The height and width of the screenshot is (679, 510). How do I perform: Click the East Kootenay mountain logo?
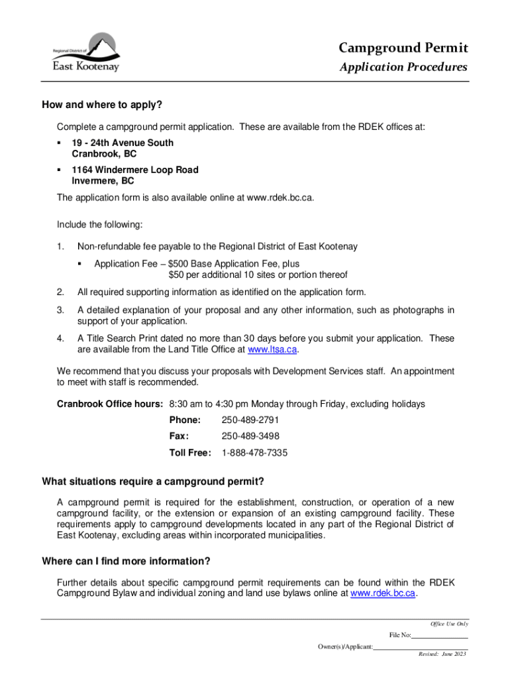pyautogui.click(x=86, y=52)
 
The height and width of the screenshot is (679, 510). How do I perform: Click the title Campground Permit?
pyautogui.click(x=403, y=48)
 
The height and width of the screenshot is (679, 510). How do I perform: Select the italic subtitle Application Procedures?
pyautogui.click(x=403, y=67)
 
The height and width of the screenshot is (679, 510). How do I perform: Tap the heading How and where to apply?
pyautogui.click(x=102, y=105)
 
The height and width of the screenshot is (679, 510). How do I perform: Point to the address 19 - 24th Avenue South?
pyautogui.click(x=123, y=143)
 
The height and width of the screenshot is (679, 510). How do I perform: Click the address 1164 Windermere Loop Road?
pyautogui.click(x=134, y=170)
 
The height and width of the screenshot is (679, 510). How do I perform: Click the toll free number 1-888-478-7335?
pyautogui.click(x=254, y=453)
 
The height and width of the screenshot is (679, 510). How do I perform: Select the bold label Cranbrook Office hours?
pyautogui.click(x=110, y=404)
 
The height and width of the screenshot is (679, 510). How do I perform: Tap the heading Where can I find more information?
pyautogui.click(x=126, y=561)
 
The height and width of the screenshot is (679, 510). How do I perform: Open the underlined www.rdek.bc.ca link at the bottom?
pyautogui.click(x=383, y=593)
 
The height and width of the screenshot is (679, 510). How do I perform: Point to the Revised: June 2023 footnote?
pyautogui.click(x=442, y=654)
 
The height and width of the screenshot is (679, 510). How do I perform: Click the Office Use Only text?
pyautogui.click(x=449, y=624)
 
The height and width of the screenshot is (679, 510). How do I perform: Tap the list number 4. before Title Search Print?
pyautogui.click(x=60, y=338)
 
